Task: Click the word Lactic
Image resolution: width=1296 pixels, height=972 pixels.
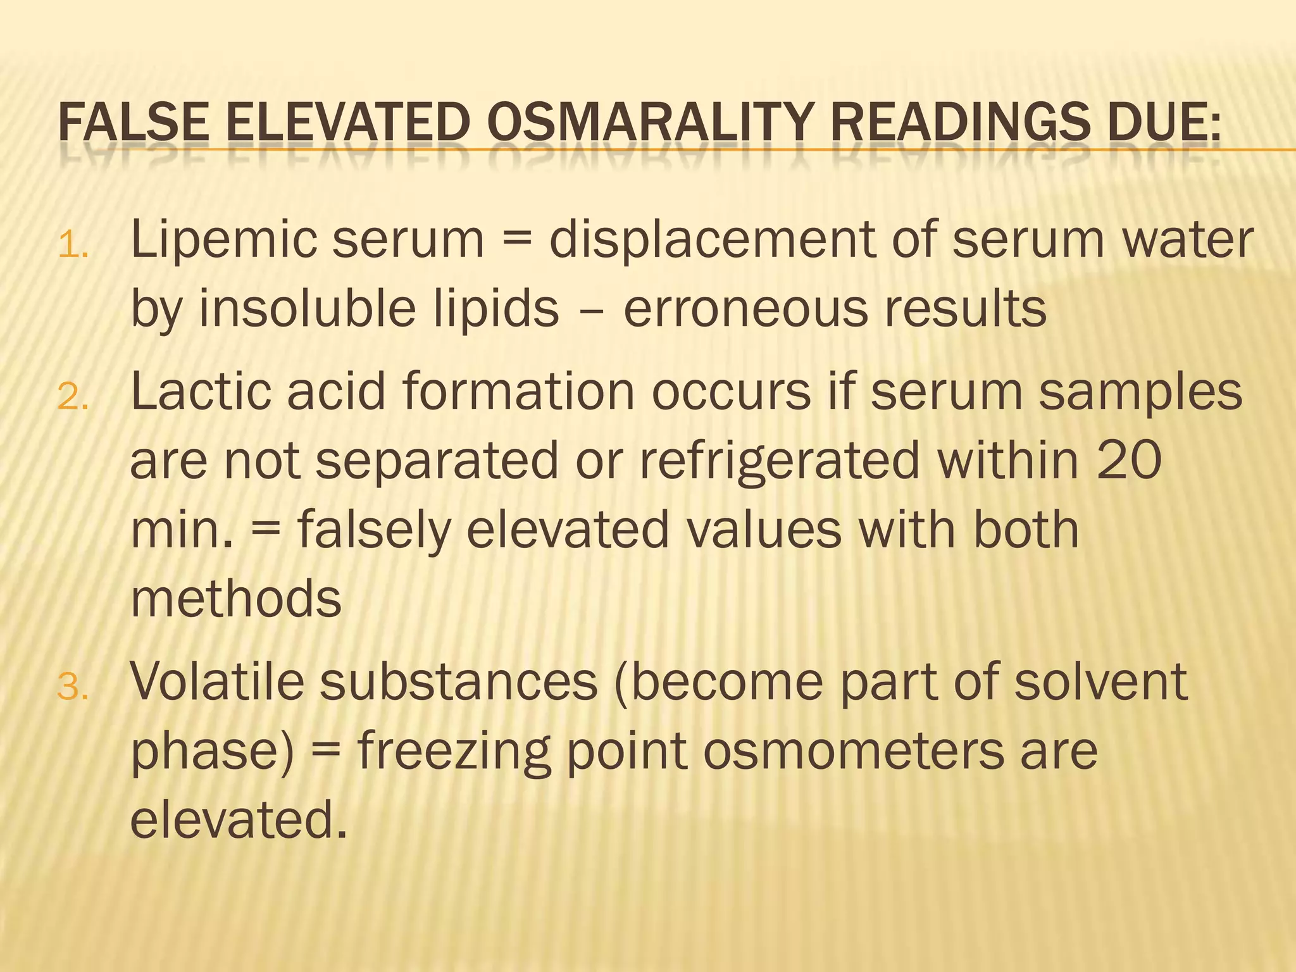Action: [201, 392]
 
